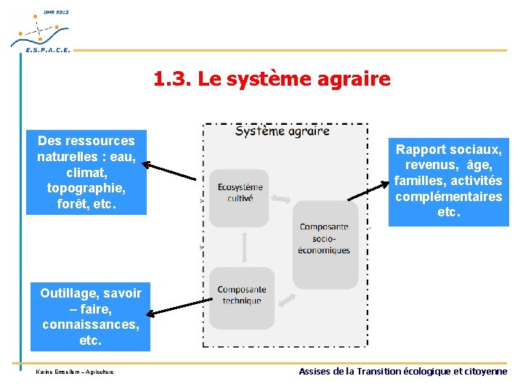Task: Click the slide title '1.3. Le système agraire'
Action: click(272, 78)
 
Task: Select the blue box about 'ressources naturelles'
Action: click(86, 172)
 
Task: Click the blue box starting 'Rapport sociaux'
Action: click(448, 181)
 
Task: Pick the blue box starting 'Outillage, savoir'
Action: click(90, 317)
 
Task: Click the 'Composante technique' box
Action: click(241, 297)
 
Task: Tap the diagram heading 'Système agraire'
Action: click(282, 131)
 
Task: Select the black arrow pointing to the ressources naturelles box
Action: click(171, 171)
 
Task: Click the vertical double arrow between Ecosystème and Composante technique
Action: click(244, 247)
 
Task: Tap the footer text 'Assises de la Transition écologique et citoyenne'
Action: click(403, 372)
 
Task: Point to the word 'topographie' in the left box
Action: click(86, 188)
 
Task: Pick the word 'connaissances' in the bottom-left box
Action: click(90, 324)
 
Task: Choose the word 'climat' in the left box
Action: click(86, 172)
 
